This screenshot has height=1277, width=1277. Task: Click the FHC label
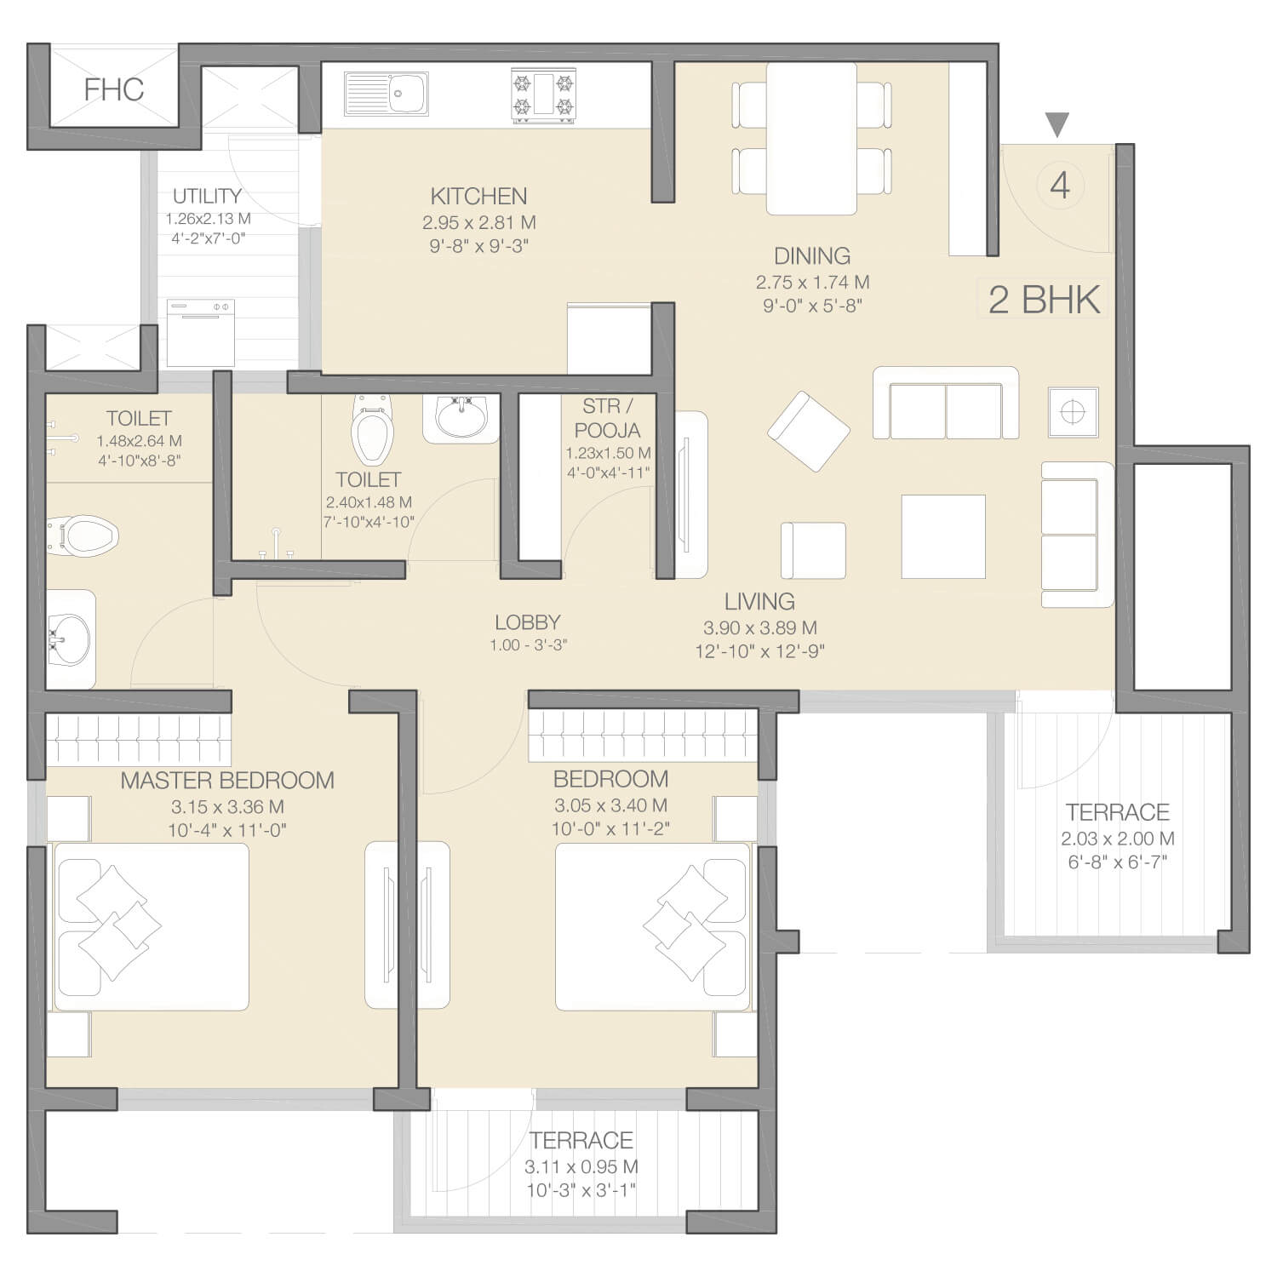(x=113, y=89)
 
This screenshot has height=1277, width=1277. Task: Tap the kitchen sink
(x=387, y=94)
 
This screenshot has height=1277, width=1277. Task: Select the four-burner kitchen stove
(x=543, y=94)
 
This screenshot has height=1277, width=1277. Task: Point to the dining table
(x=811, y=138)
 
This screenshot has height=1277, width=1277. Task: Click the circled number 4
(x=1060, y=185)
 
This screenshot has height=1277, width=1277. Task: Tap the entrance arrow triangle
(x=1057, y=125)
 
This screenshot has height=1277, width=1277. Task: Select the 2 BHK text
(x=1045, y=300)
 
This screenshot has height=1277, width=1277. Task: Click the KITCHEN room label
(x=478, y=197)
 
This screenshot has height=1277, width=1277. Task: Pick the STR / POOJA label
(x=607, y=418)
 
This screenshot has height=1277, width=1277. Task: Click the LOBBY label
(x=528, y=622)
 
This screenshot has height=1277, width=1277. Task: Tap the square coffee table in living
(x=943, y=536)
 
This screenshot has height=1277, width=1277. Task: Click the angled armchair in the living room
(x=809, y=431)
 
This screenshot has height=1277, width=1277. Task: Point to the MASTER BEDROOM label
(x=227, y=781)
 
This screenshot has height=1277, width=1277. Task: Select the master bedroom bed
(x=152, y=926)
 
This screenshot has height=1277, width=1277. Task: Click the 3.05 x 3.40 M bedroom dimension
(x=610, y=805)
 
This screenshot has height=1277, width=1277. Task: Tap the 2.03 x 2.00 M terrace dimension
(x=1118, y=839)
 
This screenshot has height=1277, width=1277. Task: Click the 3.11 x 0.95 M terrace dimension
(x=581, y=1167)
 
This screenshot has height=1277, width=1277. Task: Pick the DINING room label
(x=812, y=256)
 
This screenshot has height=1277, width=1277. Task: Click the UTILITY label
(x=207, y=197)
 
